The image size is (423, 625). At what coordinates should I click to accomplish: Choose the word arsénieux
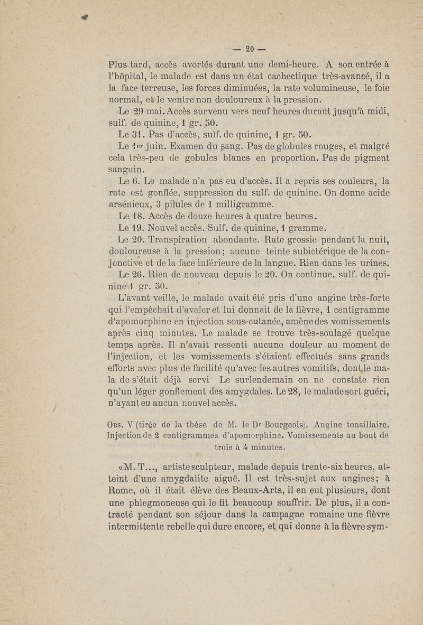[x=131, y=204]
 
